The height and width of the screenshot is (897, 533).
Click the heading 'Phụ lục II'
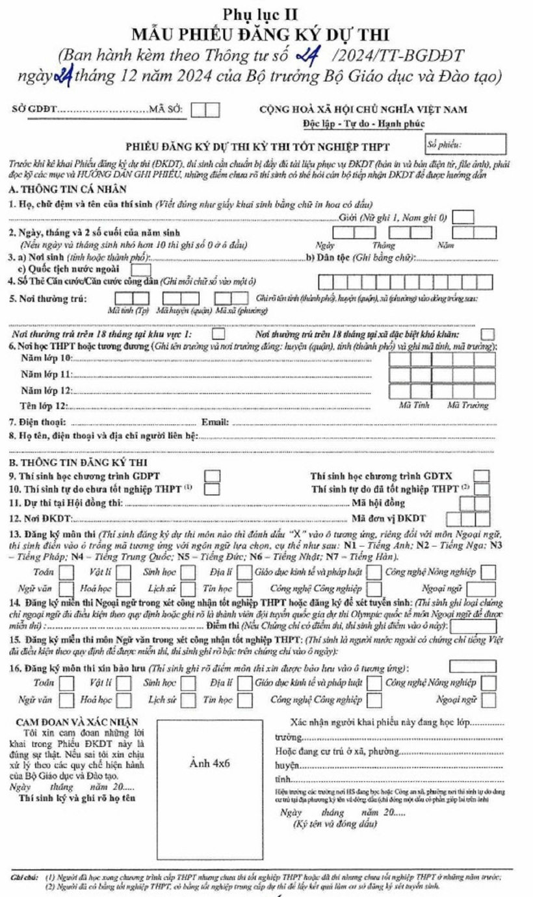(266, 14)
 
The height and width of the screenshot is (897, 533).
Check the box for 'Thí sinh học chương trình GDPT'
(213, 476)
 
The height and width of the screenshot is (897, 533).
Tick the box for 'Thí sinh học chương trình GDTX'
(482, 476)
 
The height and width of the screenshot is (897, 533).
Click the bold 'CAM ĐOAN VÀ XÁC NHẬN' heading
(79, 723)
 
